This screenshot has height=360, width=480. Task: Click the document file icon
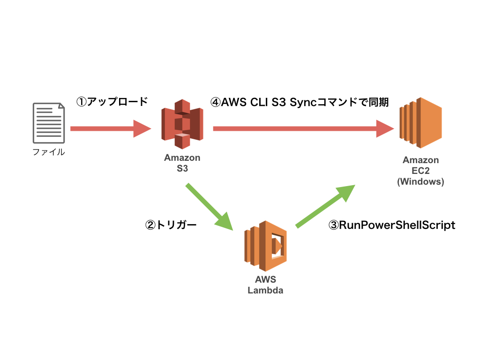coord(49,123)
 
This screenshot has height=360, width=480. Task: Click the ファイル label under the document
coord(49,152)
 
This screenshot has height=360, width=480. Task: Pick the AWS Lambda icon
coord(265,246)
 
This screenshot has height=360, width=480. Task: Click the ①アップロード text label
coord(112,101)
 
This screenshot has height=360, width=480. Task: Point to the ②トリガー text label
coord(171,225)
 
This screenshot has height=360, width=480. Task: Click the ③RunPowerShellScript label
coord(392,225)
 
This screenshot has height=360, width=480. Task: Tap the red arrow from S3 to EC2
coord(295,128)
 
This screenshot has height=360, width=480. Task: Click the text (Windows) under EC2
coord(420,181)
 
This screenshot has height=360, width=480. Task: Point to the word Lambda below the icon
coord(265,290)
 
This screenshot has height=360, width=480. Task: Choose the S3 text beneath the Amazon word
coord(182,168)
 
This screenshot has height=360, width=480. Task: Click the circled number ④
coord(215,102)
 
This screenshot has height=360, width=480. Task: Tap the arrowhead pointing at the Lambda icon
coord(225,221)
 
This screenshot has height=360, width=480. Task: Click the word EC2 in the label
coord(420,171)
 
